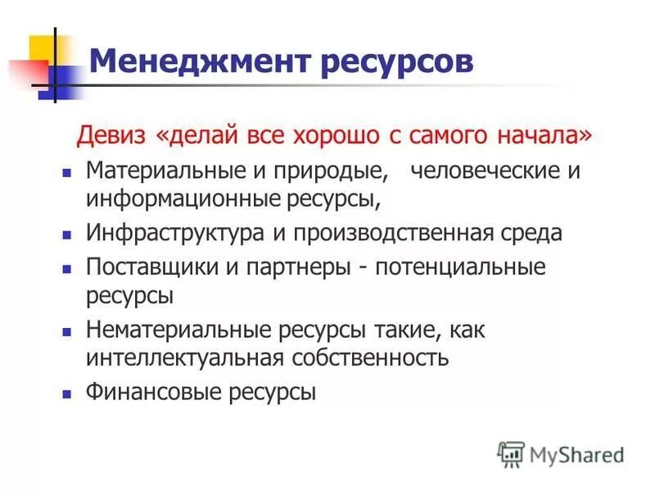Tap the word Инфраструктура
[x=175, y=233]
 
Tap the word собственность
[x=369, y=358]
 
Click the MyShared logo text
[x=577, y=453]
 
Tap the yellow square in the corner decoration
[x=42, y=48]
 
